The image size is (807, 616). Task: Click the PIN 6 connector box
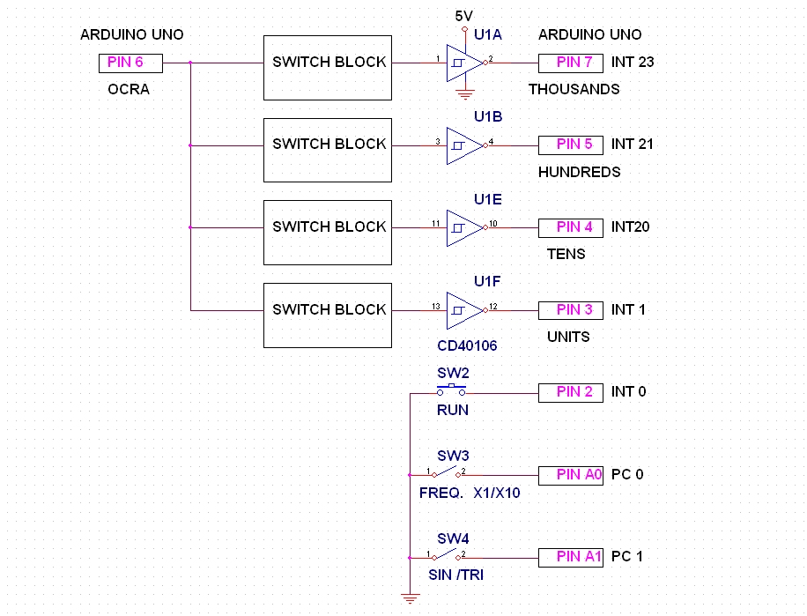(x=130, y=63)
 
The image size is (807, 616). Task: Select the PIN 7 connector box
(x=571, y=63)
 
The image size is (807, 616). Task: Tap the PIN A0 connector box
(x=571, y=475)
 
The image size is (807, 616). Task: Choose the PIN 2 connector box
(x=571, y=392)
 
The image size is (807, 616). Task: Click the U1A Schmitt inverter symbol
(x=463, y=63)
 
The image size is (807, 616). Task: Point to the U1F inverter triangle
(x=463, y=310)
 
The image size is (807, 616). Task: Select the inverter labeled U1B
(x=463, y=145)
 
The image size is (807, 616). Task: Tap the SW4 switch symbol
(x=448, y=555)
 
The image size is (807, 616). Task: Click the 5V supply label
(x=464, y=16)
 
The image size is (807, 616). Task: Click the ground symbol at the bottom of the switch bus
(x=410, y=599)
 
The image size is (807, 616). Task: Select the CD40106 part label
(x=467, y=346)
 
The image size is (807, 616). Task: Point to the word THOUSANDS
(x=574, y=89)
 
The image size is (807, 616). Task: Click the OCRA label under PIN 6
(x=129, y=89)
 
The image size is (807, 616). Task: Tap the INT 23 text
(x=633, y=62)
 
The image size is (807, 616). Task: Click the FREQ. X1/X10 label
(x=470, y=494)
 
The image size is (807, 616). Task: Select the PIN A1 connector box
(x=571, y=557)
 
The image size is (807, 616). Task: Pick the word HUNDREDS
(x=579, y=172)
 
